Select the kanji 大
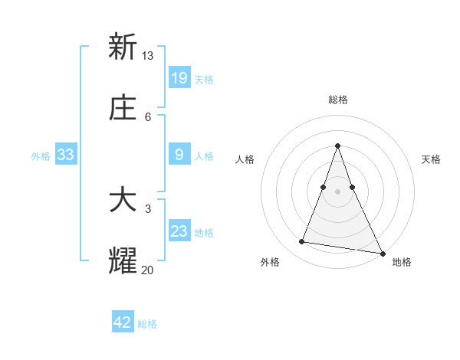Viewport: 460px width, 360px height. (x=123, y=201)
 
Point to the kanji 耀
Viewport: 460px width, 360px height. (x=123, y=261)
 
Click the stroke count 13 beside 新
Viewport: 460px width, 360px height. (x=148, y=55)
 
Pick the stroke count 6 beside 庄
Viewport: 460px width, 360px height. (x=148, y=117)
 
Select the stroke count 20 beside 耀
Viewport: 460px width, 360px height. (x=148, y=270)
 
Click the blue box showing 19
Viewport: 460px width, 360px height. (x=179, y=77)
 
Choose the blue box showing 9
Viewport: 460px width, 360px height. (x=179, y=155)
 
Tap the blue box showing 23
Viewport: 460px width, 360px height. (x=179, y=231)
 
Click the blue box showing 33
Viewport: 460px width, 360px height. (x=66, y=155)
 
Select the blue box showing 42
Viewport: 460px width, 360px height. (x=123, y=322)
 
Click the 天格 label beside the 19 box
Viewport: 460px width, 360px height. (x=204, y=79)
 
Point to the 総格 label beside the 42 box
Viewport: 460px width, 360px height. (x=147, y=324)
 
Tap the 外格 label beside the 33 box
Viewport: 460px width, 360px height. (x=41, y=156)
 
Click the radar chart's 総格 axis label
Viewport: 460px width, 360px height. (x=338, y=100)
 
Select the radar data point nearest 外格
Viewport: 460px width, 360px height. (x=301, y=242)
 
